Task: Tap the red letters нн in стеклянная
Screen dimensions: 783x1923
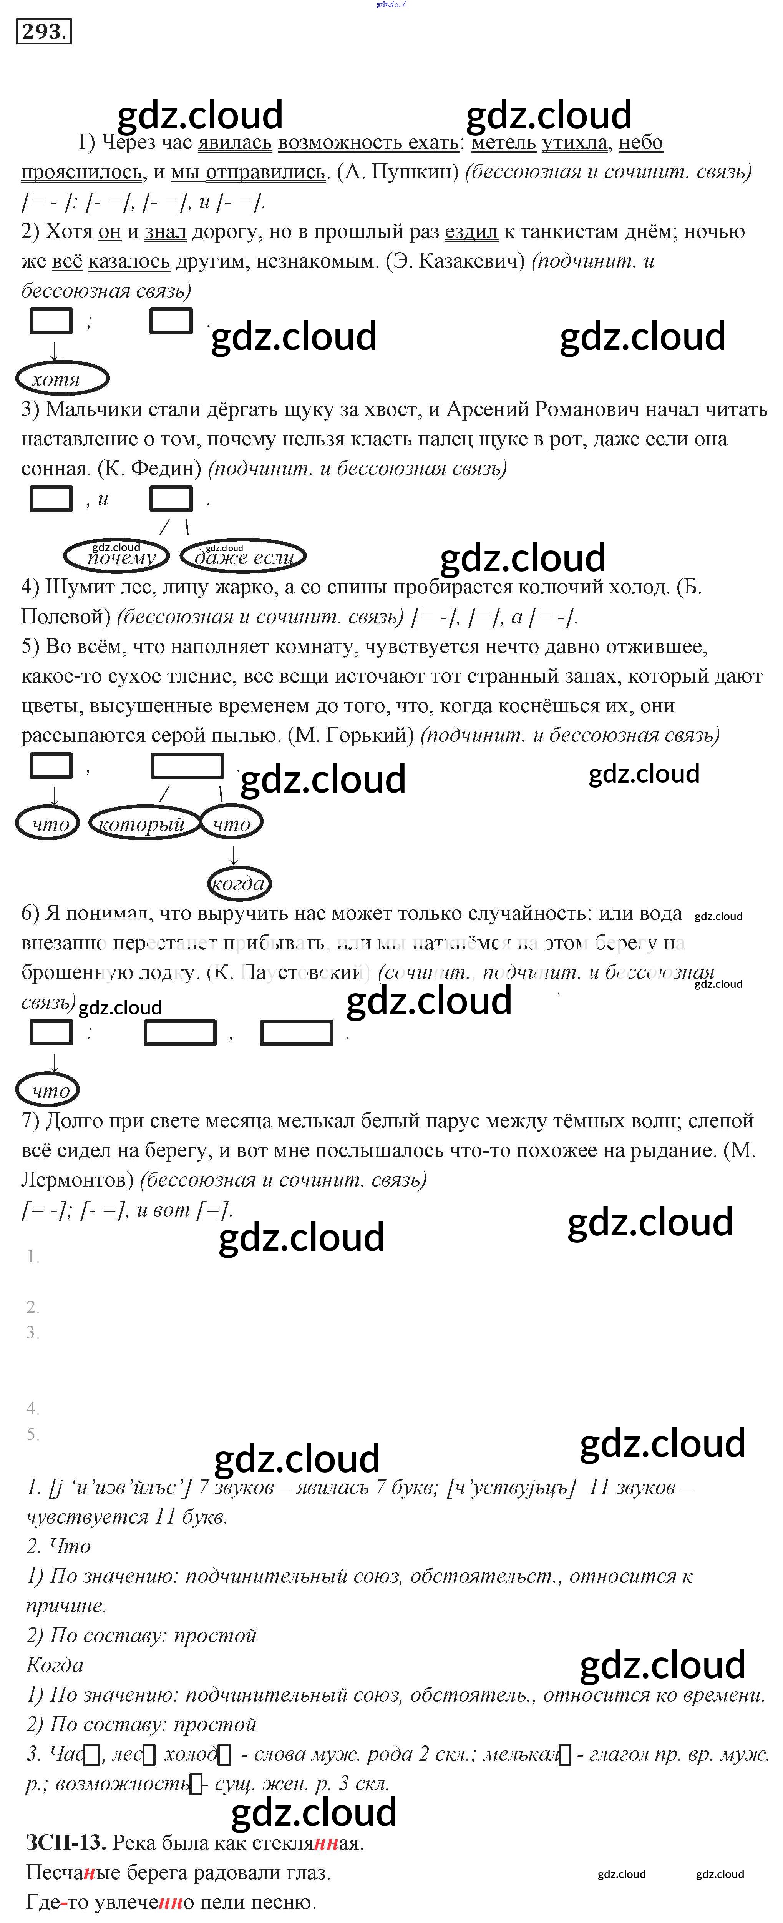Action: pos(325,1843)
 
